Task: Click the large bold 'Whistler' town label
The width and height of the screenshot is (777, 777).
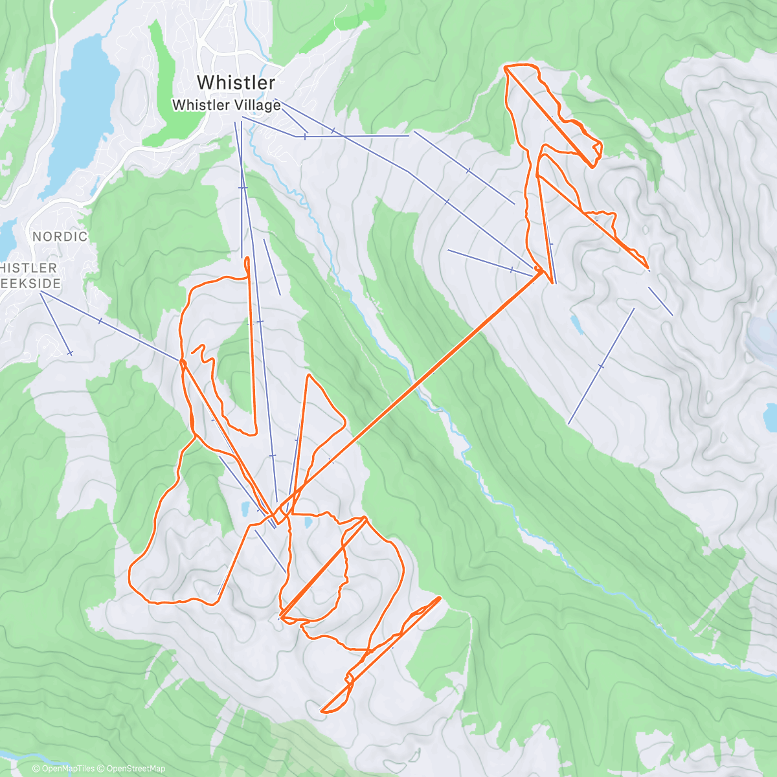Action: [236, 82]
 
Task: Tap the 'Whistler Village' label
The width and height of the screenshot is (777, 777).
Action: [227, 105]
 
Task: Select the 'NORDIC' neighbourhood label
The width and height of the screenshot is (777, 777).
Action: [60, 236]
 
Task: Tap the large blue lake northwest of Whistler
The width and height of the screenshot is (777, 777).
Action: [84, 110]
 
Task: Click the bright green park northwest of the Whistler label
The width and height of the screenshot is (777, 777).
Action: [162, 65]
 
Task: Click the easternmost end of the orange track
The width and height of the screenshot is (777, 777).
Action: [648, 267]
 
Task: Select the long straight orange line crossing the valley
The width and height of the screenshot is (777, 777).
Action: [414, 388]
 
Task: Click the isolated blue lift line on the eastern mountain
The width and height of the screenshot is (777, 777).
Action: [601, 366]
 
